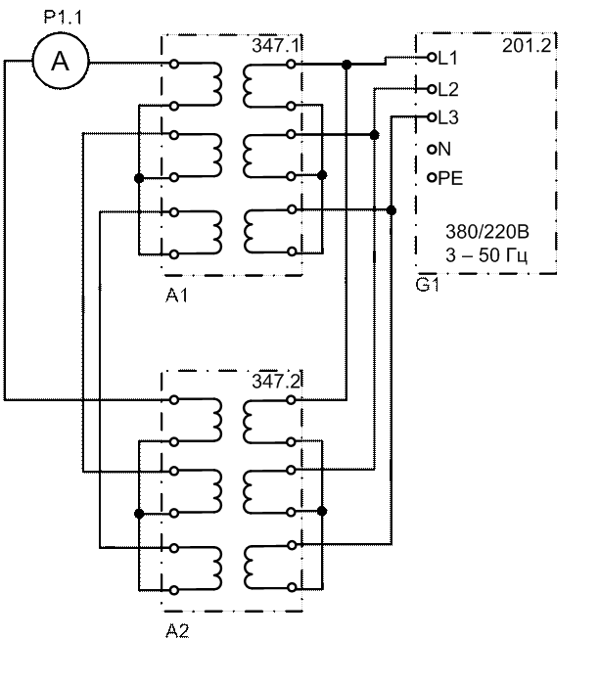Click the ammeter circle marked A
pyautogui.click(x=60, y=64)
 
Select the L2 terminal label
pyautogui.click(x=447, y=89)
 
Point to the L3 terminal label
pyautogui.click(x=447, y=118)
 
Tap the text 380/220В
pyautogui.click(x=486, y=234)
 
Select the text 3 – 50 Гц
pyautogui.click(x=486, y=256)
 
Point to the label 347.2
pyautogui.click(x=273, y=381)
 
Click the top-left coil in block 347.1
pyautogui.click(x=210, y=83)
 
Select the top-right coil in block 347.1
pyautogui.click(x=254, y=83)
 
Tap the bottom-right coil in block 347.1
pyautogui.click(x=254, y=231)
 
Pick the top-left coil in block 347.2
pyautogui.click(x=210, y=420)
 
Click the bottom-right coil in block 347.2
pyautogui.click(x=254, y=568)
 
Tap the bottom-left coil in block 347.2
pyautogui.click(x=210, y=568)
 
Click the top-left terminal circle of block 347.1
pyautogui.click(x=173, y=64)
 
